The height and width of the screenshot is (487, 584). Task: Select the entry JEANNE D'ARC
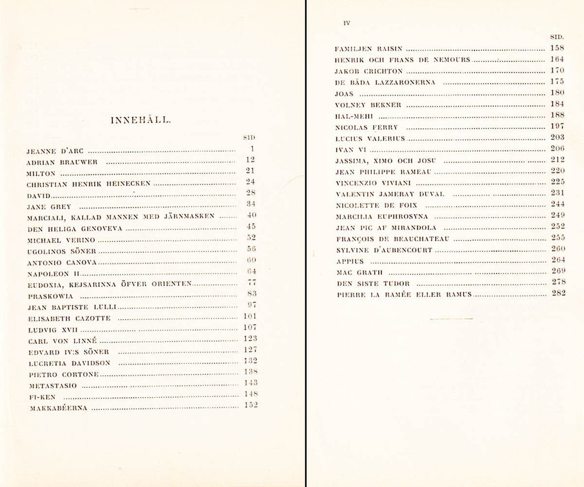coord(56,151)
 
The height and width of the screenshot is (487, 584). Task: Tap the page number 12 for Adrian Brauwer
coord(250,160)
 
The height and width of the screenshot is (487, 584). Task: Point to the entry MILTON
coord(42,173)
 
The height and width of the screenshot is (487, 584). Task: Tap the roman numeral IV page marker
coord(346,23)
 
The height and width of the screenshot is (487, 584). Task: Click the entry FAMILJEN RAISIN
coord(369,49)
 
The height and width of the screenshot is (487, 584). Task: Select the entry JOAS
coord(344,94)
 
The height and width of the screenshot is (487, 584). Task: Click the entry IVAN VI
coord(346,149)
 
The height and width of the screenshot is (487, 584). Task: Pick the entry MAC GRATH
coord(359,273)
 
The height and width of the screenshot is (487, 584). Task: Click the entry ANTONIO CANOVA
coord(62,263)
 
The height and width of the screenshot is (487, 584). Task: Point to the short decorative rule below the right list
coord(452,318)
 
